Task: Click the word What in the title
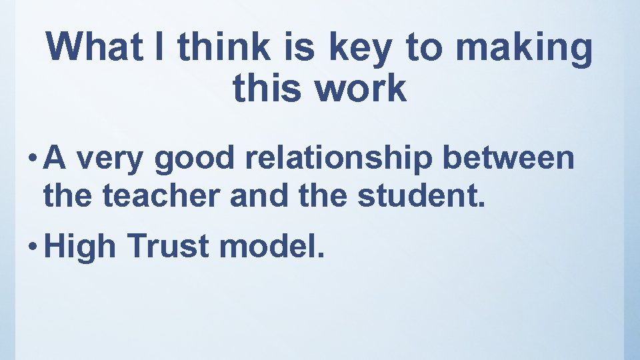93,48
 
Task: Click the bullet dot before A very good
34,159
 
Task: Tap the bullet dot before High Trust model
34,245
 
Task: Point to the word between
513,159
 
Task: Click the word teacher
145,195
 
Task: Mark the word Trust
167,246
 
